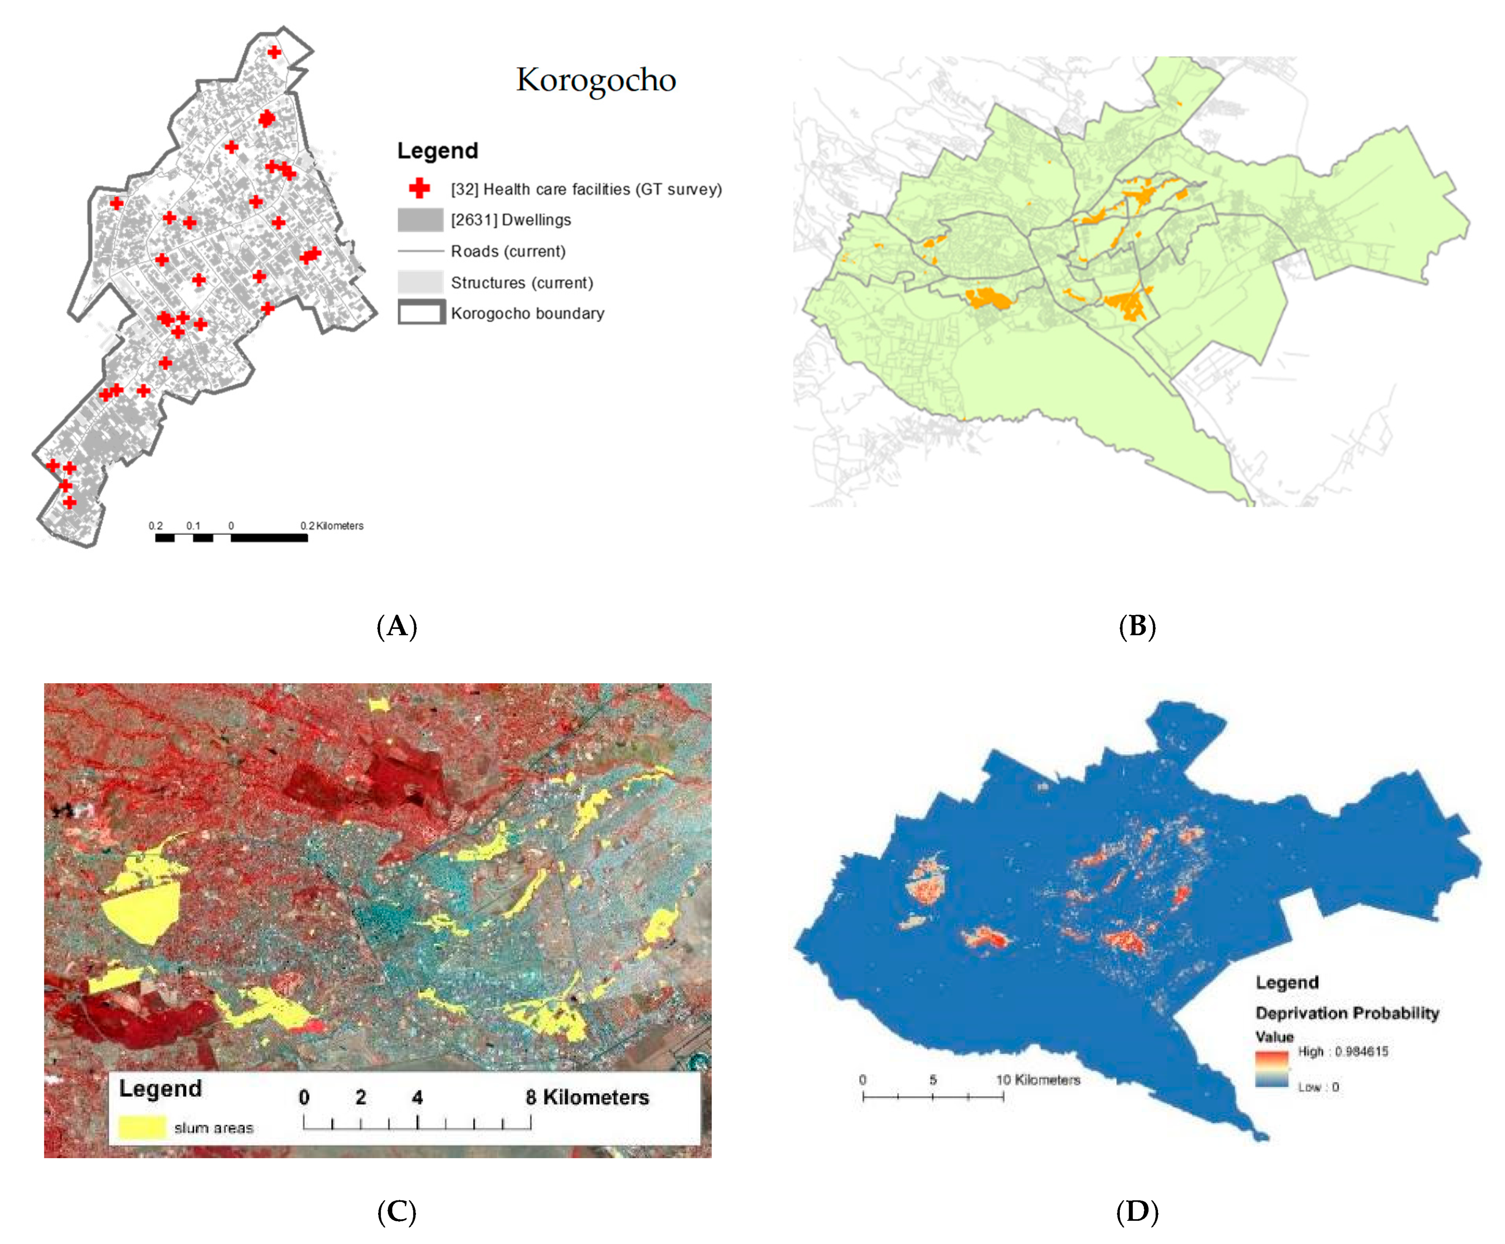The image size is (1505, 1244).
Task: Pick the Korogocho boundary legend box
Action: (x=421, y=313)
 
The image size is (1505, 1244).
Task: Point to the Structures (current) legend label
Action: (x=522, y=282)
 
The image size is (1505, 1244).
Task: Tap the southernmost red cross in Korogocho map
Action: (x=70, y=502)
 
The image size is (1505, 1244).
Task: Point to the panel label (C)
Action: (x=396, y=1212)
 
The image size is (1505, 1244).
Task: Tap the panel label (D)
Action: (x=1137, y=1212)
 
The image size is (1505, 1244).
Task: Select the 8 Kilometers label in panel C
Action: (x=587, y=1097)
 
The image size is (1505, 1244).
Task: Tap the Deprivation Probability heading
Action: (x=1347, y=1013)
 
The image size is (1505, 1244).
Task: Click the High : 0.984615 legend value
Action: (x=1342, y=1051)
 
